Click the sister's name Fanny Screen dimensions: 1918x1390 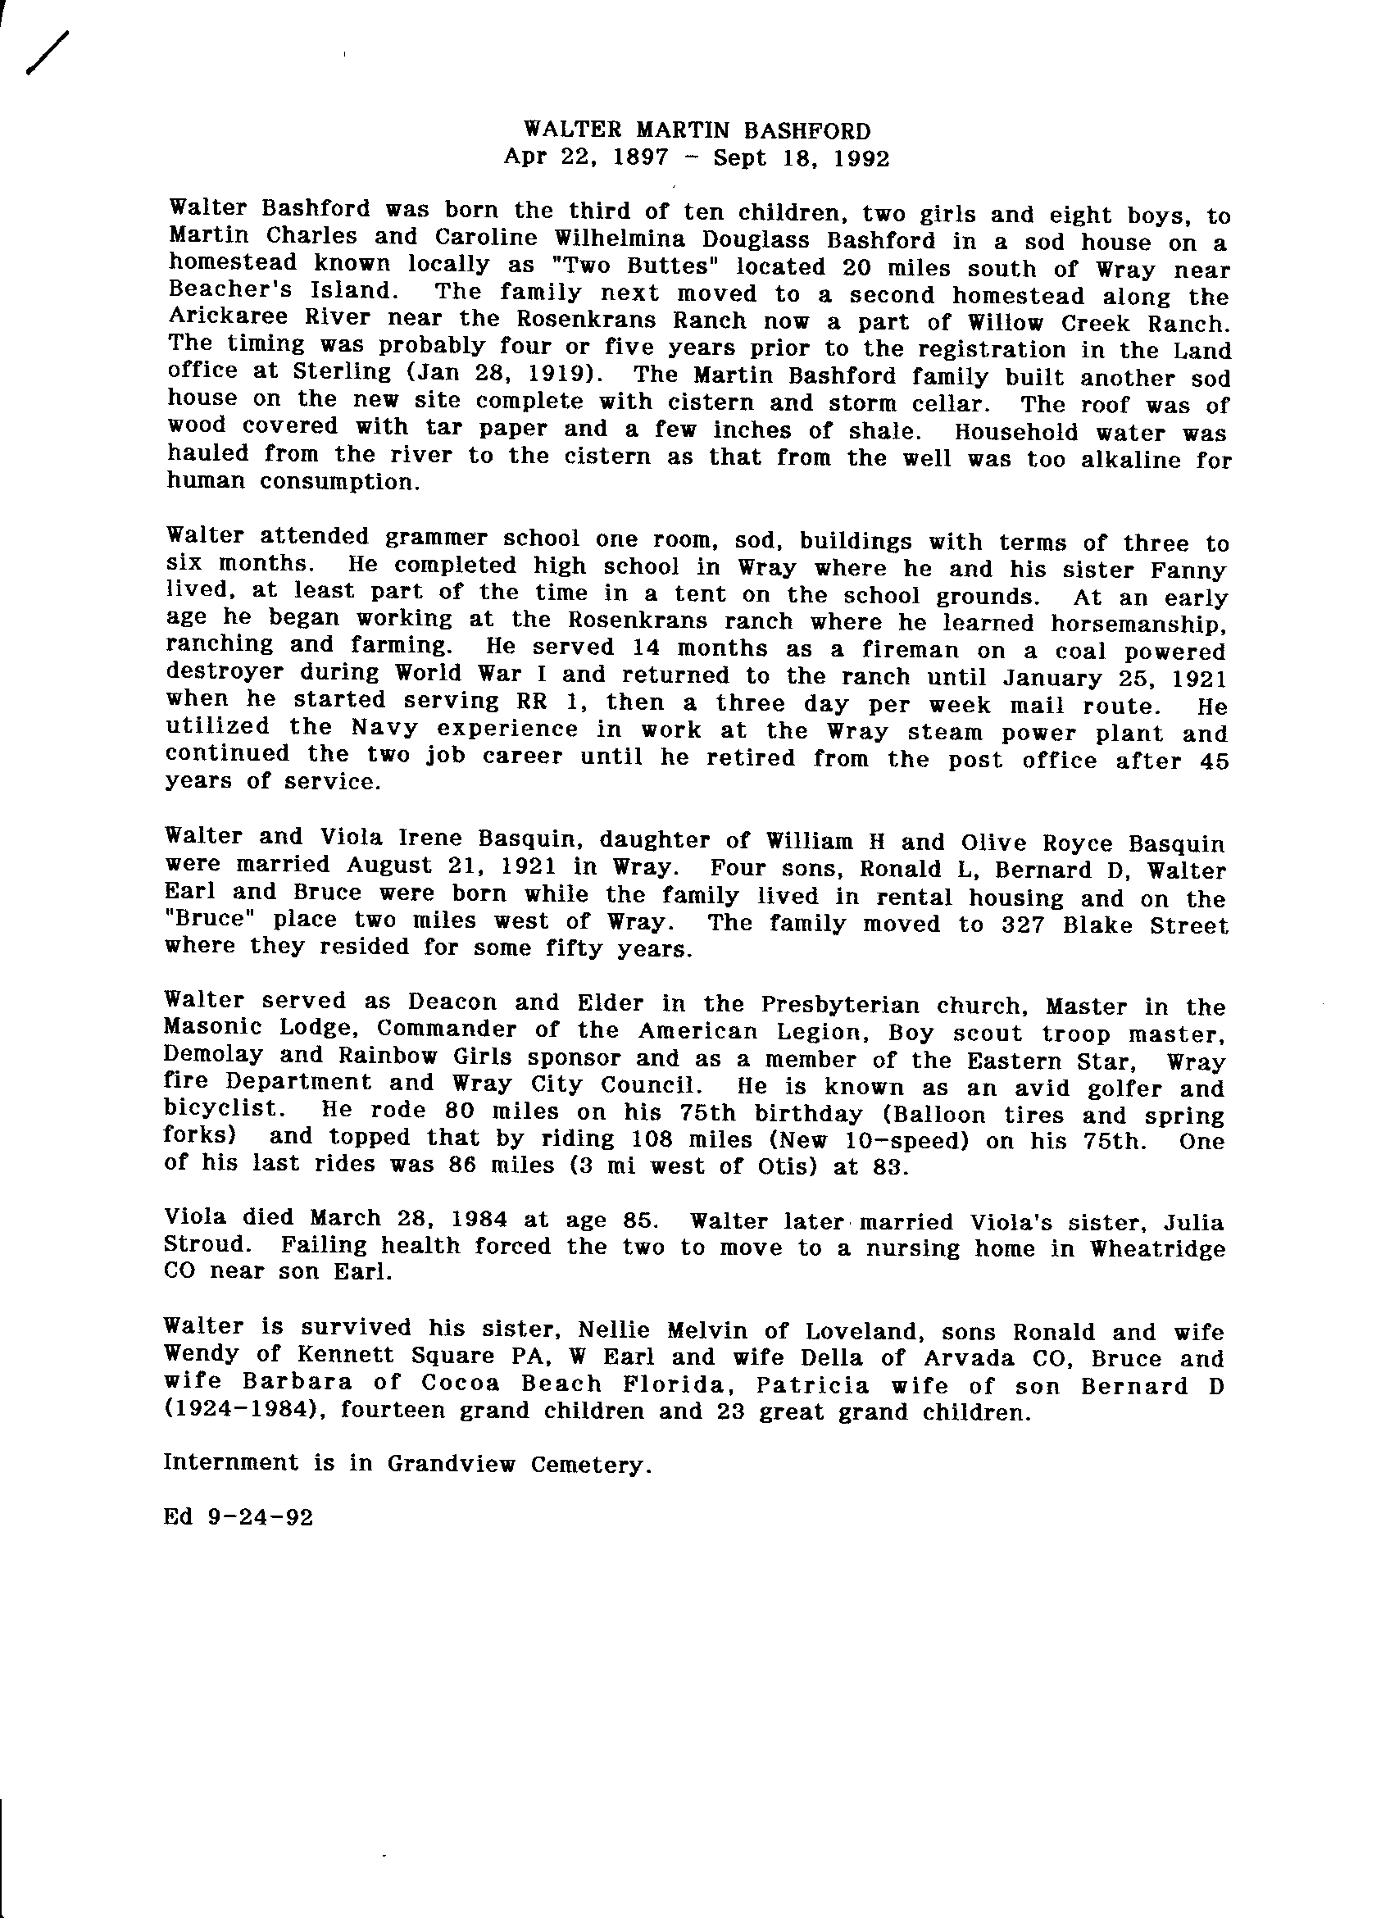coord(1191,569)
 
